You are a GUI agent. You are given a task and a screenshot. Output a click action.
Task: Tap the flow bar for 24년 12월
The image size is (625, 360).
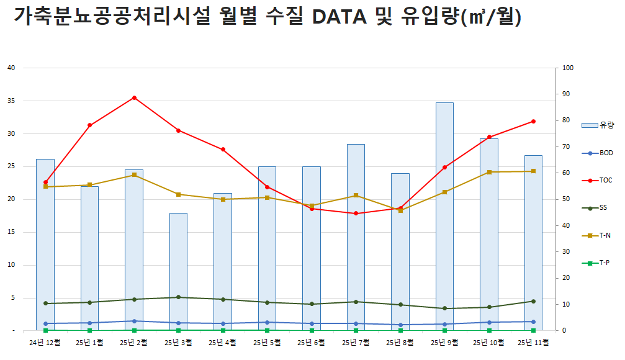point(45,248)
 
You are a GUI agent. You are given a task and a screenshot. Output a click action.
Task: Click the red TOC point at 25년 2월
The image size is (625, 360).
point(134,97)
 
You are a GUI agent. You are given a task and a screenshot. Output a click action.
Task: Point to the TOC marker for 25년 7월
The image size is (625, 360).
point(356,214)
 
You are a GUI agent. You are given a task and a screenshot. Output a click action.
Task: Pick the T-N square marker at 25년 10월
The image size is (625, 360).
point(489,172)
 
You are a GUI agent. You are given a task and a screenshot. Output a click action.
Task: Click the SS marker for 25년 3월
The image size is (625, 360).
point(178,297)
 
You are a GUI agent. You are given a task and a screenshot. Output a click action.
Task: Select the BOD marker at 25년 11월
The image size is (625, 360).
point(533,322)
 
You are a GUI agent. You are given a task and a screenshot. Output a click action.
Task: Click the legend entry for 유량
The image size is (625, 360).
point(598,125)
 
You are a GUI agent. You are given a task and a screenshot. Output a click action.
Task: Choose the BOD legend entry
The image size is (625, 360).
point(598,153)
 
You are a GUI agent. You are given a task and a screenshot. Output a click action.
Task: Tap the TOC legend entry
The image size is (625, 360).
point(598,180)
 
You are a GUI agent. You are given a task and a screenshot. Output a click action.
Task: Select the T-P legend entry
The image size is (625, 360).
point(598,263)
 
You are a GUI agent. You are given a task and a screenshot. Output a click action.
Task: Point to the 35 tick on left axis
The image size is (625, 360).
point(11,101)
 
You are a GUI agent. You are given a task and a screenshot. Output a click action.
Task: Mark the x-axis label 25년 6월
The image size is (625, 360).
point(312,342)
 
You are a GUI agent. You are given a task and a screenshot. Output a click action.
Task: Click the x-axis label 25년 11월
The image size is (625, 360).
point(533,342)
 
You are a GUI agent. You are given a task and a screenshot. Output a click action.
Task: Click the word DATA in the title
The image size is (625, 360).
point(339,17)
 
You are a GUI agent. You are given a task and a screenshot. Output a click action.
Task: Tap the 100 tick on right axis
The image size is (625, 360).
point(567,68)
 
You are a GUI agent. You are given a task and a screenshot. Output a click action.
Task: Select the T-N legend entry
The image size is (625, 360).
point(598,235)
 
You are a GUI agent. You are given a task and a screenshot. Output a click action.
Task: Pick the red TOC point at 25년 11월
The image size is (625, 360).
point(533,121)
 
